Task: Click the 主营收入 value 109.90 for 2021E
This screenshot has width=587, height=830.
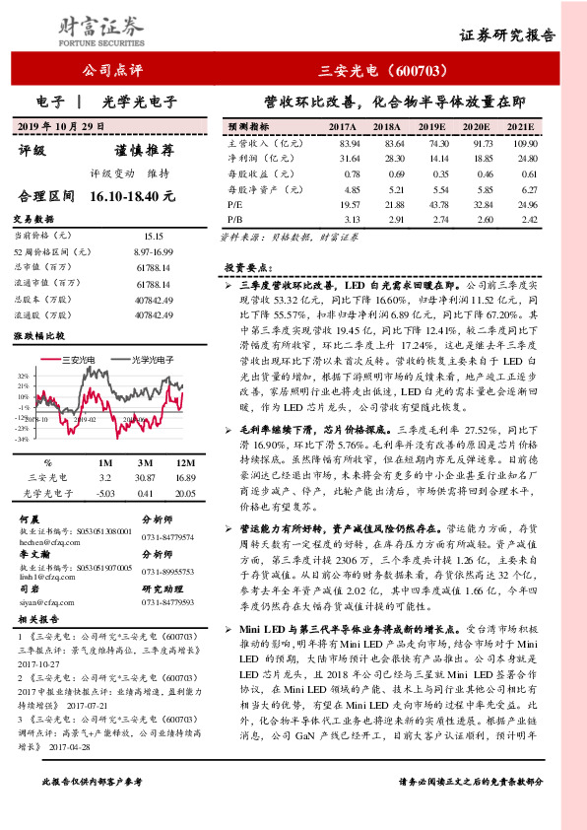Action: coord(520,143)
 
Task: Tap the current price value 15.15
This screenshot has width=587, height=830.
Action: coord(152,237)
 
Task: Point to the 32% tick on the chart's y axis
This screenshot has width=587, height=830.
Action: coord(23,376)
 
